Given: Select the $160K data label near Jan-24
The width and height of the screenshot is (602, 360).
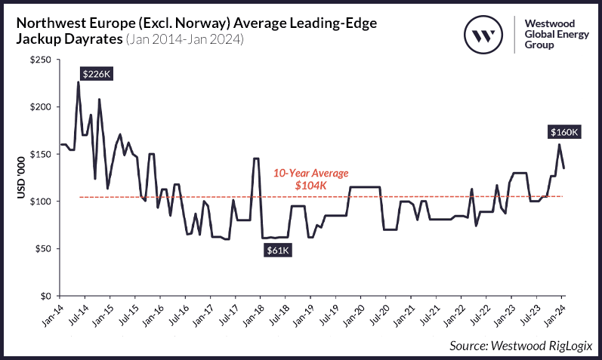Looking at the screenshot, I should [563, 132].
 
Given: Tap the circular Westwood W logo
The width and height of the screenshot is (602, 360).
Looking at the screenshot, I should [483, 35].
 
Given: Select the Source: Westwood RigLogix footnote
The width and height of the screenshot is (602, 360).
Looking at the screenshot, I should [520, 345].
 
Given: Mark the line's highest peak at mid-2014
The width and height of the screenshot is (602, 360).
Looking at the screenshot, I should [78, 82].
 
